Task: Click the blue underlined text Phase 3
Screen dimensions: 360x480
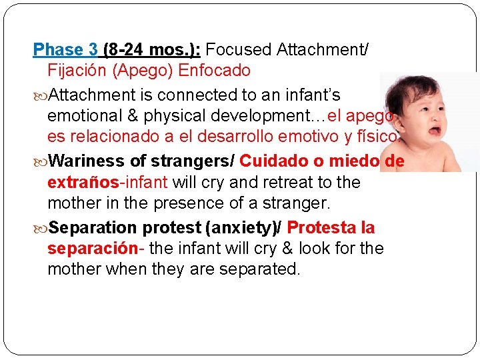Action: pyautogui.click(x=66, y=49)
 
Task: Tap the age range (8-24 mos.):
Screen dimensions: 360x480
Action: pyautogui.click(x=153, y=49)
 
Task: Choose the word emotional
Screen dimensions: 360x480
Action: pyautogui.click(x=85, y=116)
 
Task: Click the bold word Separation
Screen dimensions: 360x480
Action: pyautogui.click(x=91, y=227)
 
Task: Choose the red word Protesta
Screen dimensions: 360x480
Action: pyautogui.click(x=321, y=227)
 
